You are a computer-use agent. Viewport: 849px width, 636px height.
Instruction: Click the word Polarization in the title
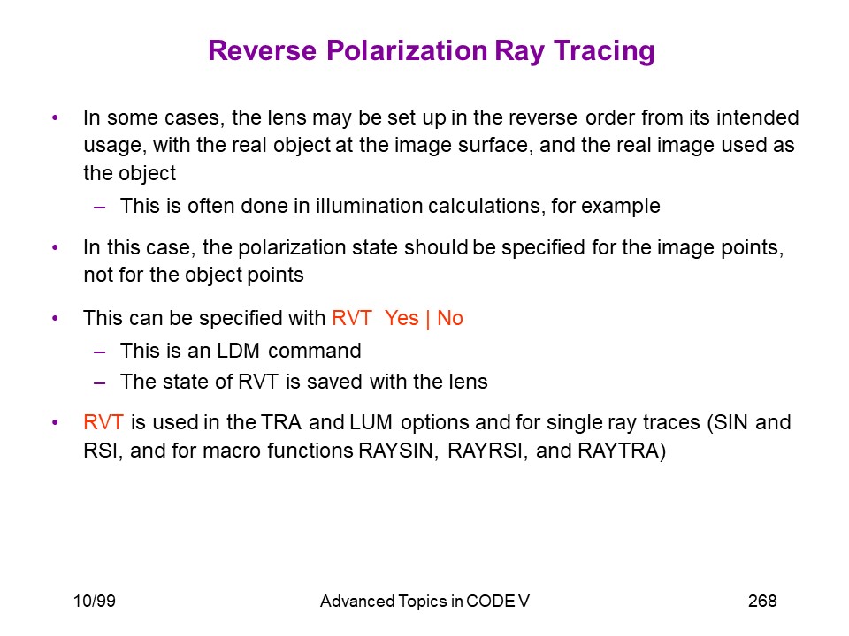407,51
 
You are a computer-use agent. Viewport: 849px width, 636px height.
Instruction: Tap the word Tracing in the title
604,52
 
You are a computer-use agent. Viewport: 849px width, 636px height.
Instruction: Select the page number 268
762,601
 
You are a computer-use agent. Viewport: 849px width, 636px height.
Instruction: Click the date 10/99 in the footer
95,601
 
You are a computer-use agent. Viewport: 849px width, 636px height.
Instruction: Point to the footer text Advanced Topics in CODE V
424,601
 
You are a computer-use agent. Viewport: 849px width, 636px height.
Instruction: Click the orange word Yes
402,318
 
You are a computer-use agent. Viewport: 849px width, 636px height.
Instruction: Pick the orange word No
450,318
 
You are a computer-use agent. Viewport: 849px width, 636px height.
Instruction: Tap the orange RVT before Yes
352,318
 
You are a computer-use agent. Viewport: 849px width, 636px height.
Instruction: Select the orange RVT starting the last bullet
103,422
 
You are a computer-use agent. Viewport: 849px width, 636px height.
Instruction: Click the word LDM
238,351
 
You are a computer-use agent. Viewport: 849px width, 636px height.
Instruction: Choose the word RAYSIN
398,450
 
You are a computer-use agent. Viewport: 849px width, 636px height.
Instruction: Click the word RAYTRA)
622,450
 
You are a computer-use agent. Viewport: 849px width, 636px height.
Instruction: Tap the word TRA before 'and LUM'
281,422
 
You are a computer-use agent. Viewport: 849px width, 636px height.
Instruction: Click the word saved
335,382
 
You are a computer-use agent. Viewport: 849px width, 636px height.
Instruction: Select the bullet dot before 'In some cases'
55,117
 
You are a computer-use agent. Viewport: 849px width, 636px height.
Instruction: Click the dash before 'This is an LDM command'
100,352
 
